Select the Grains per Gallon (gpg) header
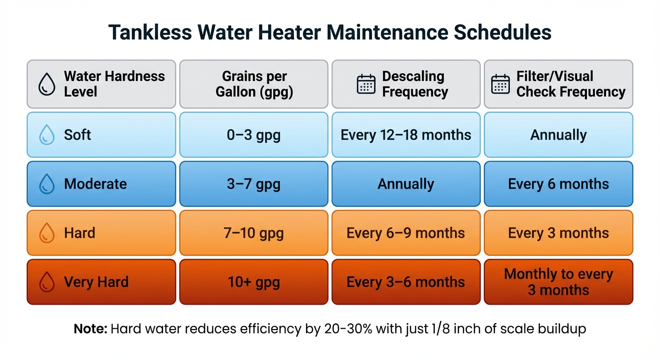click(x=254, y=84)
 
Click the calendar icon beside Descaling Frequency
click(x=366, y=84)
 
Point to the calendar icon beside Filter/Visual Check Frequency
click(x=500, y=84)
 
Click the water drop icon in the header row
click(x=47, y=85)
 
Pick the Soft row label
click(x=77, y=135)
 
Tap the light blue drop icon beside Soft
click(x=47, y=135)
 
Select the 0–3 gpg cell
click(x=254, y=135)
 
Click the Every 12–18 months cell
click(x=406, y=135)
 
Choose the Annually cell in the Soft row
click(x=558, y=135)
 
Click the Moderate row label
click(x=95, y=184)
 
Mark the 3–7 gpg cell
click(x=254, y=184)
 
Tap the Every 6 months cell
click(x=558, y=184)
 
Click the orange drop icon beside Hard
click(x=47, y=233)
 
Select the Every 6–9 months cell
click(x=406, y=233)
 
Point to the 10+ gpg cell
click(x=254, y=282)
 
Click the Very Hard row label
click(x=96, y=282)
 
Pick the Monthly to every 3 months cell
click(x=558, y=282)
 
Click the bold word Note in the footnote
click(x=90, y=329)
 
